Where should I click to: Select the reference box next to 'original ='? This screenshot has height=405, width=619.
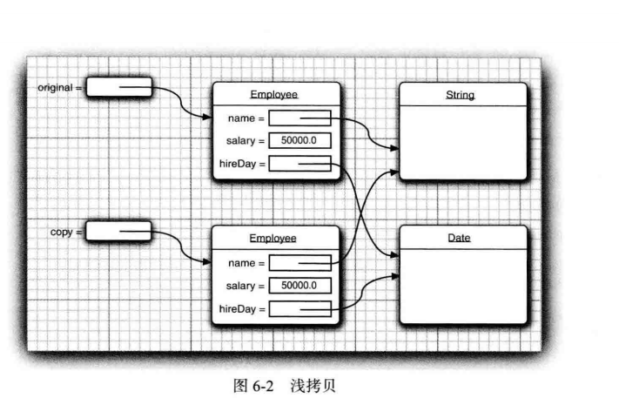click(119, 88)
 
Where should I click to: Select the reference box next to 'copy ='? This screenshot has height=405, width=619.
click(119, 231)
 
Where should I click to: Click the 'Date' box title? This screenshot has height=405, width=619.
click(462, 237)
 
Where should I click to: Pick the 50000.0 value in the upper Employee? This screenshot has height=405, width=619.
click(299, 140)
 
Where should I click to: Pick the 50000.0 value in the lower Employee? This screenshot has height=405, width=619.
click(299, 285)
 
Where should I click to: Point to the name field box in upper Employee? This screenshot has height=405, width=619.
click(299, 118)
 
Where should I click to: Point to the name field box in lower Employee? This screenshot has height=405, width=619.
click(299, 262)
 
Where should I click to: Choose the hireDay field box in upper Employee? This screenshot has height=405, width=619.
click(299, 164)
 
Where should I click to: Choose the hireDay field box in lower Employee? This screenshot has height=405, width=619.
click(299, 307)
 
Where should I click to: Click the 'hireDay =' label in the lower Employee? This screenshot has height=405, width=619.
click(241, 308)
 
